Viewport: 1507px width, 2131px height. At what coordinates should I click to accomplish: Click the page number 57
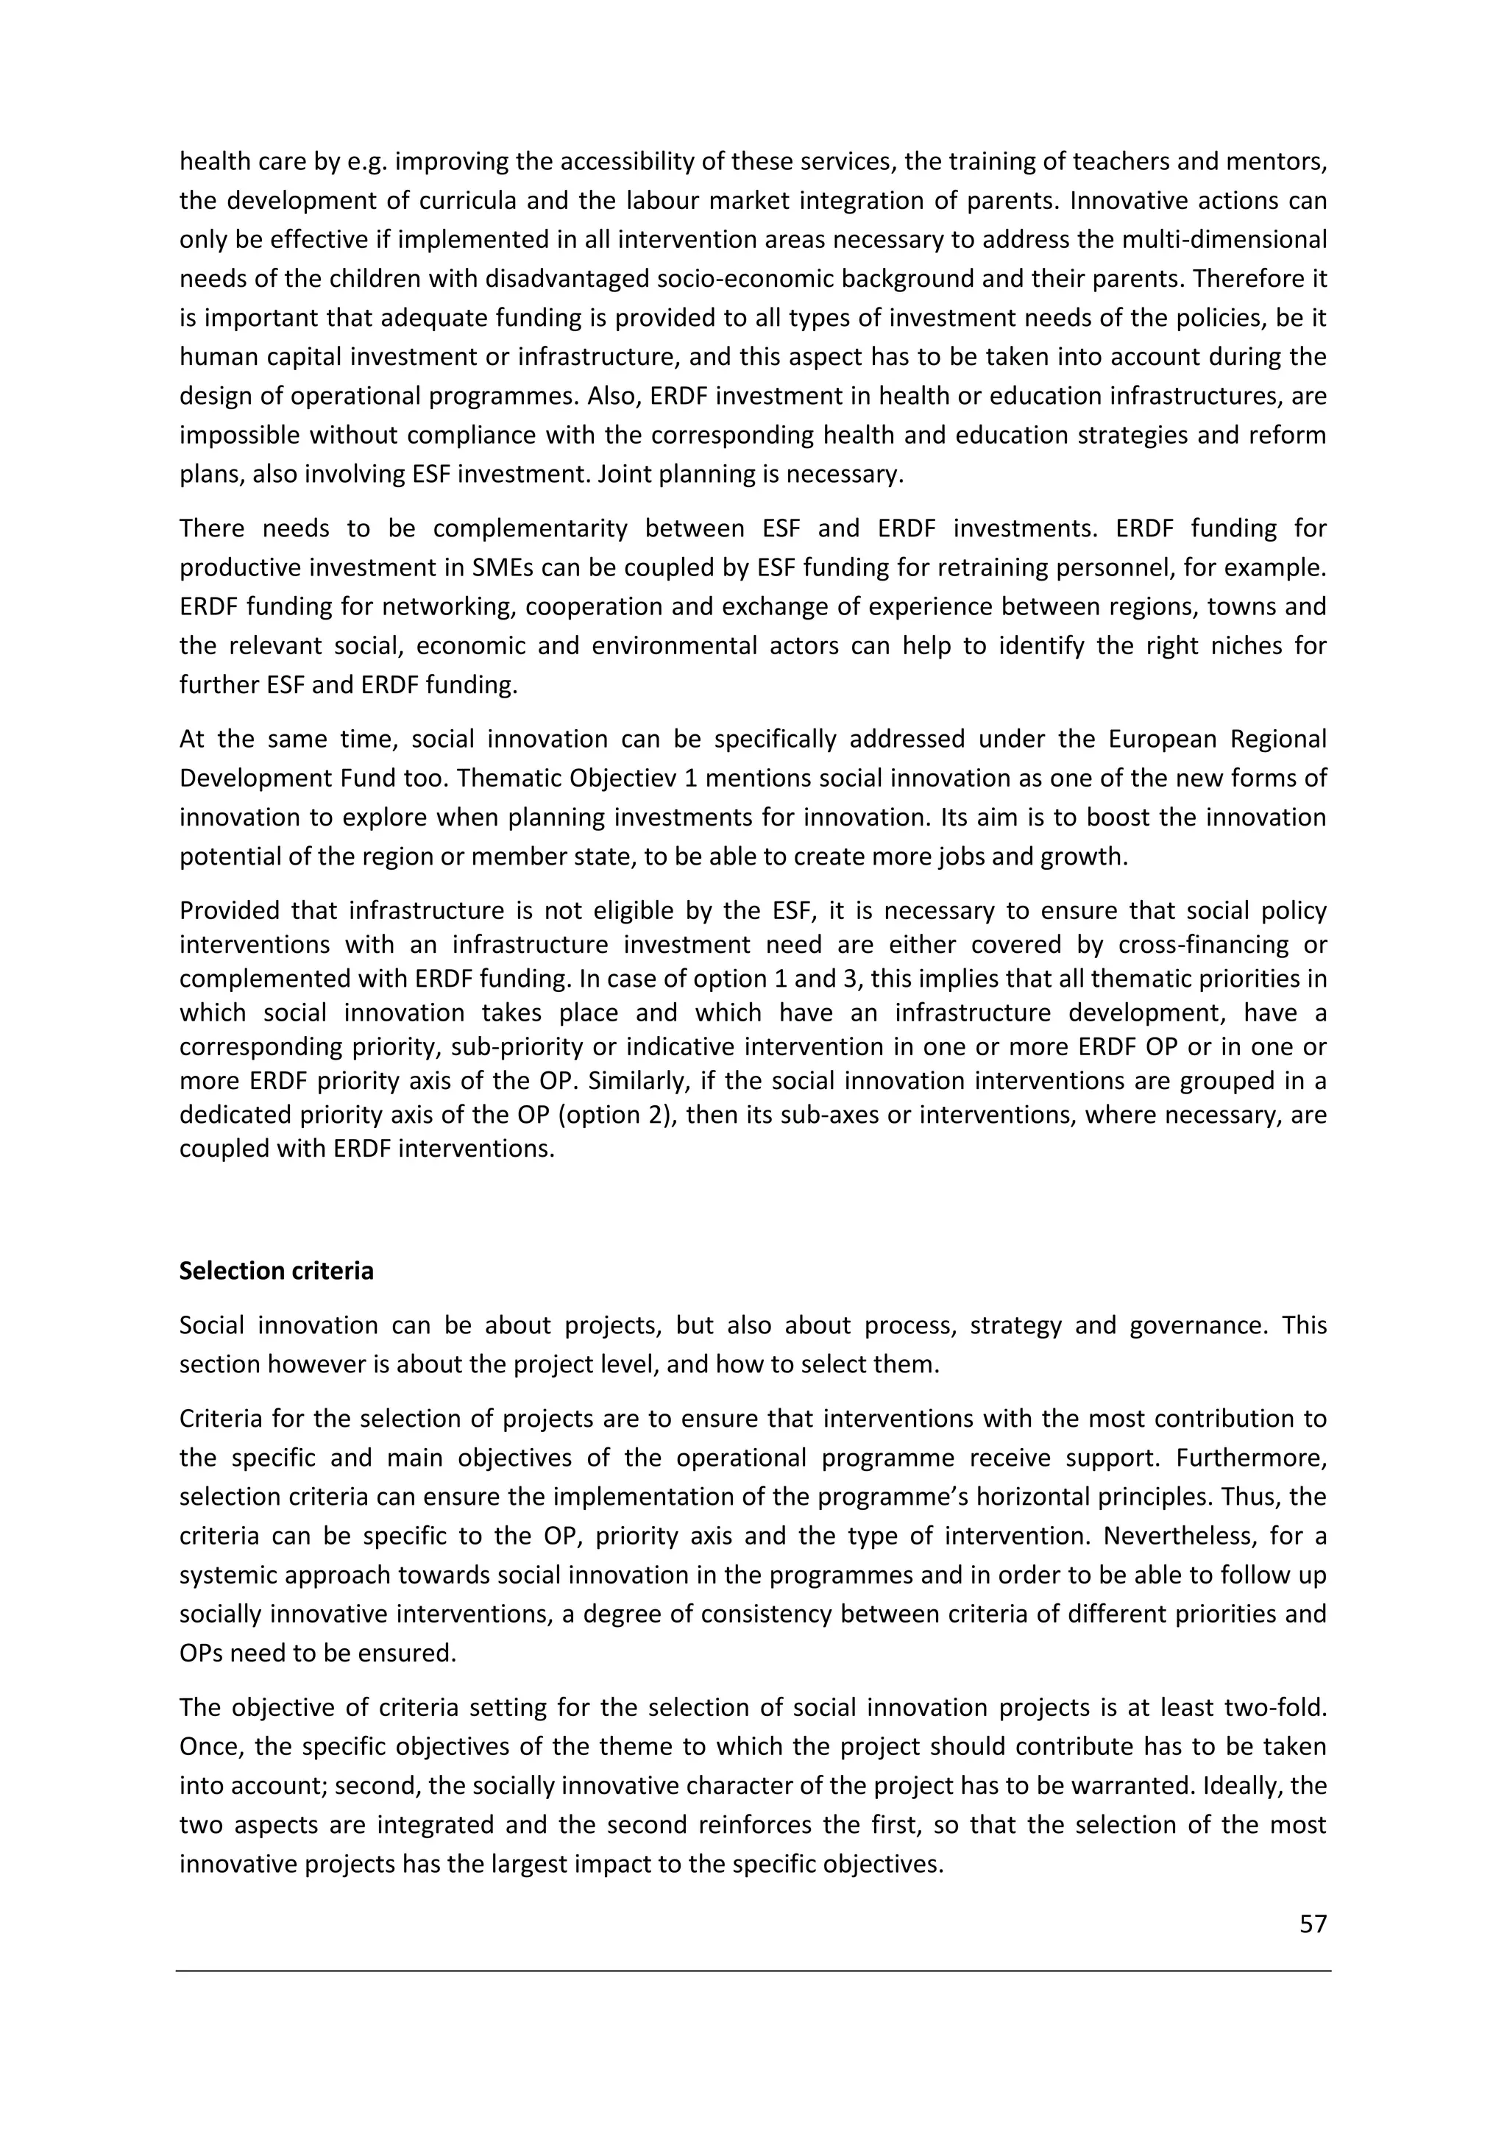point(1312,1924)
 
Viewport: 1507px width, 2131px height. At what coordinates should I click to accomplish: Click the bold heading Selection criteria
point(276,1271)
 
